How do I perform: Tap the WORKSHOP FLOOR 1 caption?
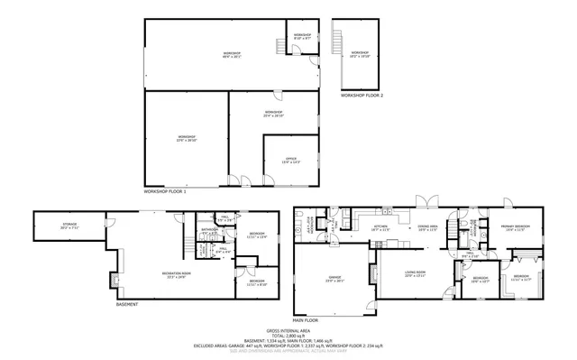click(x=165, y=192)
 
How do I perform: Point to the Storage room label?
click(x=69, y=226)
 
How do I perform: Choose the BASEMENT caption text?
click(x=127, y=304)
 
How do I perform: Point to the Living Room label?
click(x=415, y=275)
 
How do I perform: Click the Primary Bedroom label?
click(x=516, y=228)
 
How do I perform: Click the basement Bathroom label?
click(x=211, y=231)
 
